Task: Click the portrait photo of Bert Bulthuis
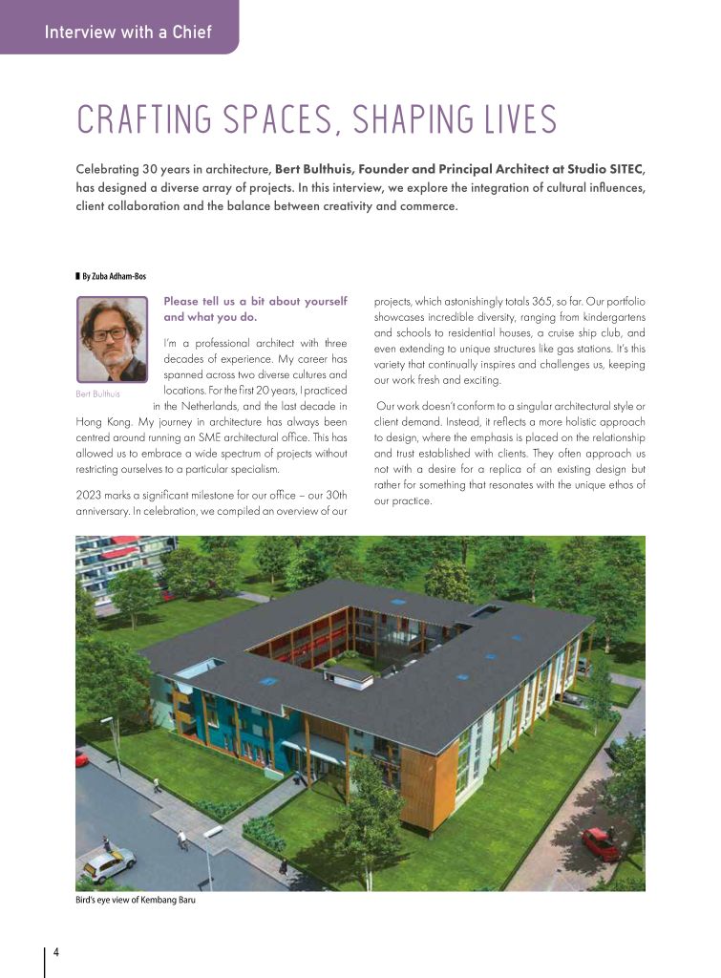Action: (x=112, y=339)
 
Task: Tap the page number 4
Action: (x=56, y=952)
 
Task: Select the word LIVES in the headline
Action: (x=512, y=120)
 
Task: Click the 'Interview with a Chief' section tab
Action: (x=128, y=32)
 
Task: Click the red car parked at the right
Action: (x=601, y=843)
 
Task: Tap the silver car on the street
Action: (x=108, y=864)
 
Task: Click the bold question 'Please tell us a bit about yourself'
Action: (x=255, y=302)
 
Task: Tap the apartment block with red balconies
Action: (x=116, y=563)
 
